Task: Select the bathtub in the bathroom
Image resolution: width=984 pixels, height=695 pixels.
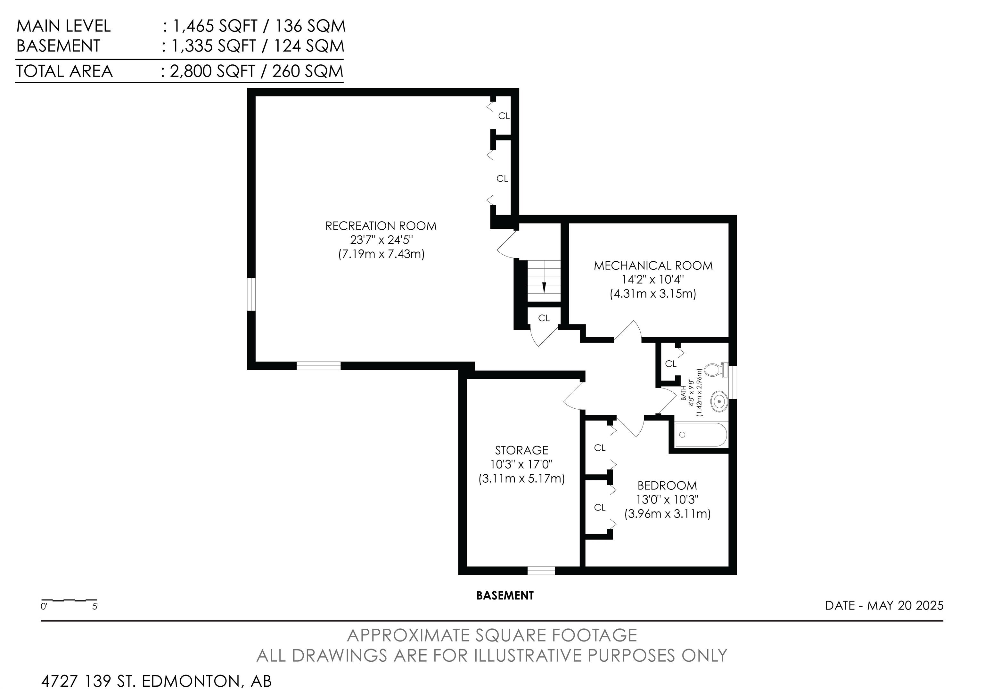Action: click(701, 435)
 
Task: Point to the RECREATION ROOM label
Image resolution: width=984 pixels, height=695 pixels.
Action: click(381, 226)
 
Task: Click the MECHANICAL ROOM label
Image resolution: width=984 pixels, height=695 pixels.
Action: click(653, 266)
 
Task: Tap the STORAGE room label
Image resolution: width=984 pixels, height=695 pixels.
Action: click(521, 450)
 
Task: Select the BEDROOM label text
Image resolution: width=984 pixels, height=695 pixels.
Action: click(667, 486)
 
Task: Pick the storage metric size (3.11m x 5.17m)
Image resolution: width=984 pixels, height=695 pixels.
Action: click(521, 478)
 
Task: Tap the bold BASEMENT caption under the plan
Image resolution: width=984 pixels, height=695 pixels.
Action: click(505, 596)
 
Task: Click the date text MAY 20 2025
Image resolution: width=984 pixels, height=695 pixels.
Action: click(906, 605)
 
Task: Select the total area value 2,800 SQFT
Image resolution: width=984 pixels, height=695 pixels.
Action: click(213, 71)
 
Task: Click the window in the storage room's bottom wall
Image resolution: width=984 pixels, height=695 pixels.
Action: click(541, 571)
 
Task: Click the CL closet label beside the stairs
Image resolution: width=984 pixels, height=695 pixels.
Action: click(544, 318)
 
